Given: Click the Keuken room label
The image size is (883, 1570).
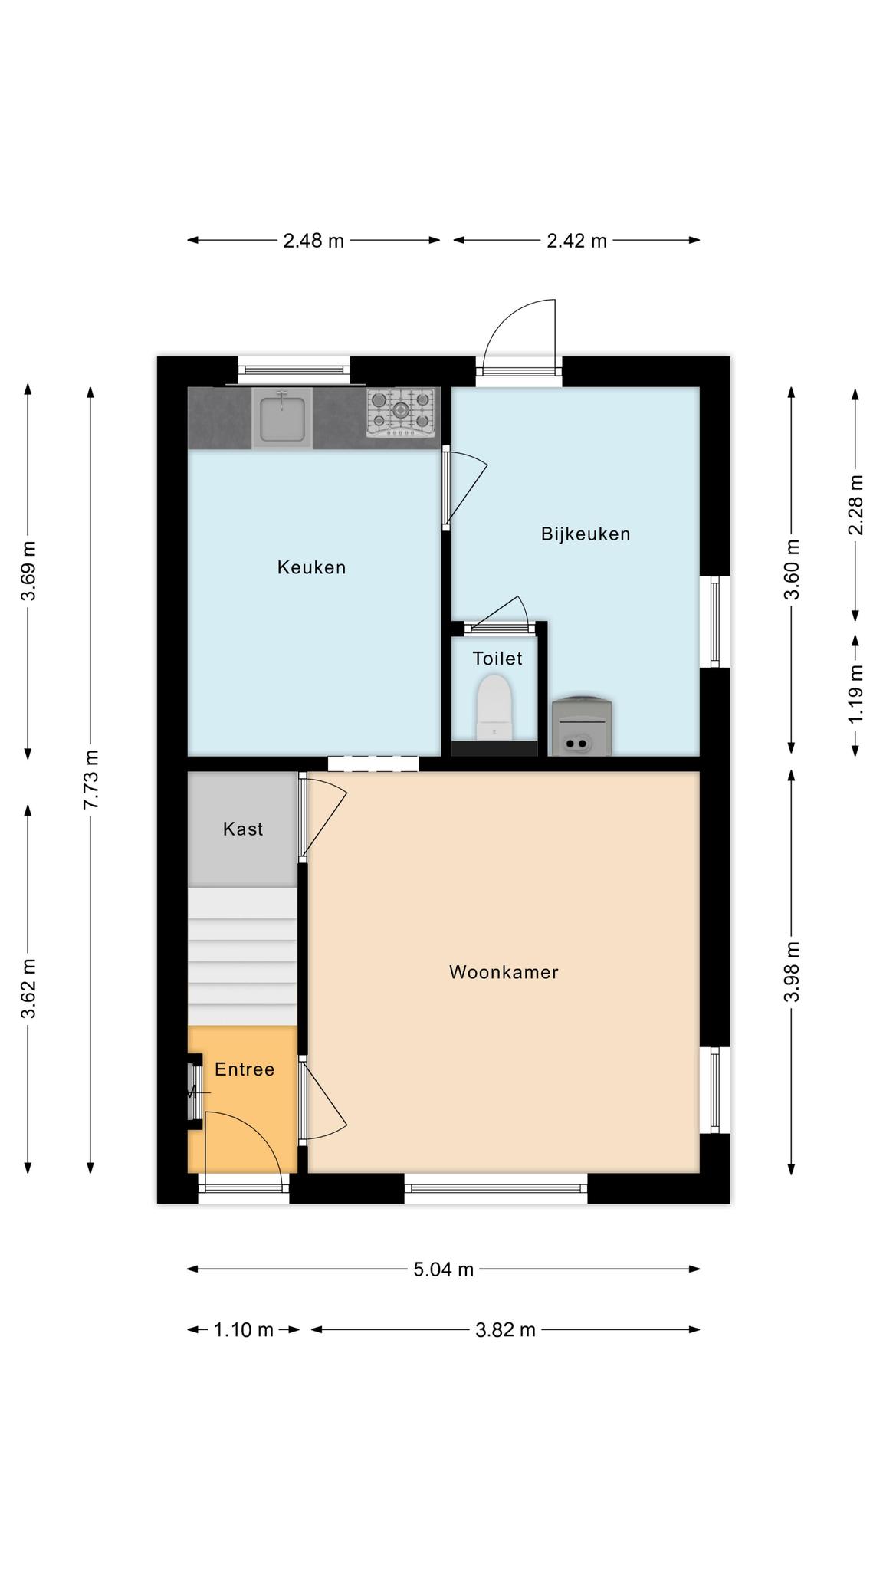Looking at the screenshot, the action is click(x=311, y=567).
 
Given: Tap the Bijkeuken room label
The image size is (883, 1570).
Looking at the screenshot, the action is click(x=586, y=534).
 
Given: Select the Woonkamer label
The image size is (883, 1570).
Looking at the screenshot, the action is click(x=504, y=972).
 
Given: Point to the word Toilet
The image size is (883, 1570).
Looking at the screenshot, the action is click(x=497, y=658).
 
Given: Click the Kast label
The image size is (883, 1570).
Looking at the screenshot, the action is click(x=243, y=829).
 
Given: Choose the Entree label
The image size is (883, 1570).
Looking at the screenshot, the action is click(x=245, y=1069).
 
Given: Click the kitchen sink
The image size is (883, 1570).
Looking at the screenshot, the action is click(x=282, y=418).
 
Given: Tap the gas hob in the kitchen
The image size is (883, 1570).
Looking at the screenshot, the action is click(x=401, y=412).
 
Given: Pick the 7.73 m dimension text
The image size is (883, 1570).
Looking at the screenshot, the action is click(x=90, y=779).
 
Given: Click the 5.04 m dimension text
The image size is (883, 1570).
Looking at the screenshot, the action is click(x=444, y=1269).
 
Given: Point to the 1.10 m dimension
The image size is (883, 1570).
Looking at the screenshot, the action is click(x=243, y=1329).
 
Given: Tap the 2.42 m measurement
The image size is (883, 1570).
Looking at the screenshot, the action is click(x=576, y=241).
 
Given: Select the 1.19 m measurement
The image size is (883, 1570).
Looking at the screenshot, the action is click(x=855, y=693).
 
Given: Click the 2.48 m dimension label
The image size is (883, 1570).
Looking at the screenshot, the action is click(x=313, y=241).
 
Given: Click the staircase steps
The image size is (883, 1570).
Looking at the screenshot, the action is click(x=242, y=957).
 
